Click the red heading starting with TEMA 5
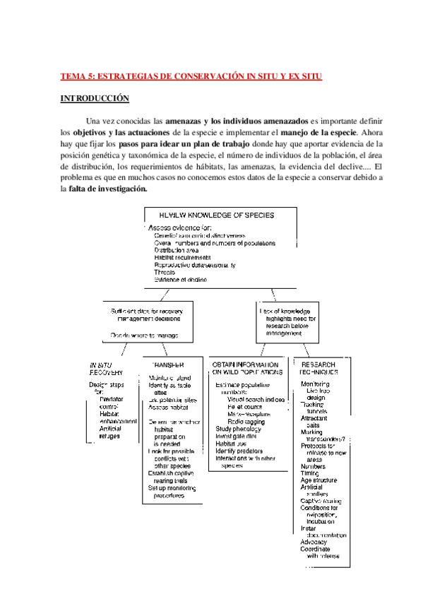point(191,76)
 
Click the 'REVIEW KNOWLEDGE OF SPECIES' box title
point(217,214)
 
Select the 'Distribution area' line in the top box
point(177,250)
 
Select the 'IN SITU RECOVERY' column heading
point(106,369)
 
